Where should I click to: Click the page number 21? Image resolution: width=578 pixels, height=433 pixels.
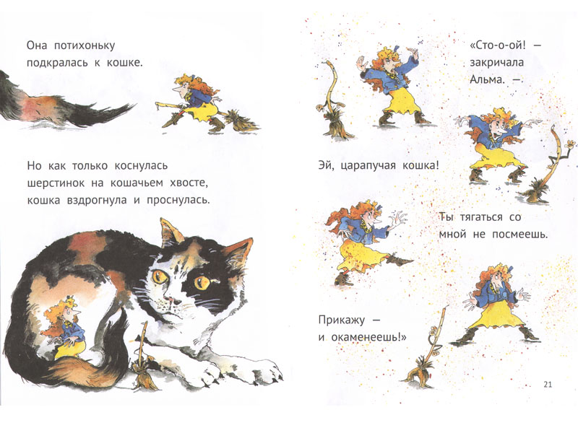pyautogui.click(x=548, y=385)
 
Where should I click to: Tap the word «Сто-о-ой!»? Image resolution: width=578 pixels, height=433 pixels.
pyautogui.click(x=498, y=45)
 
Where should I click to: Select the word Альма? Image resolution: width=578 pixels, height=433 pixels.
pyautogui.click(x=487, y=79)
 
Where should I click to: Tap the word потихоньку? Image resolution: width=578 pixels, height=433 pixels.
pyautogui.click(x=85, y=45)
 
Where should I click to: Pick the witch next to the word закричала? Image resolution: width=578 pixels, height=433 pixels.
pyautogui.click(x=391, y=84)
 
